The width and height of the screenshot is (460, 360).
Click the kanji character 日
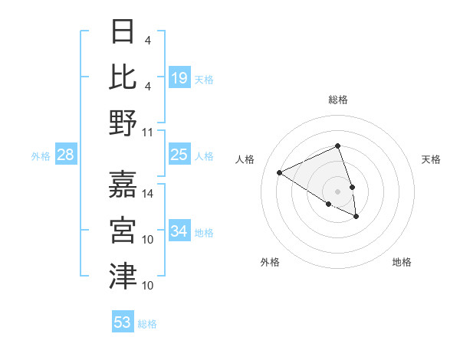123,32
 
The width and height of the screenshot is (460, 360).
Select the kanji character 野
123,123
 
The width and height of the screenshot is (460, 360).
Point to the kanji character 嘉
123,183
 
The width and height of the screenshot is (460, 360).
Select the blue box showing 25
179,155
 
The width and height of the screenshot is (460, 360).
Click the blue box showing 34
179,231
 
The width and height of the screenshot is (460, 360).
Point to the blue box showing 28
65,155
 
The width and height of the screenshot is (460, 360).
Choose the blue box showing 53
123,322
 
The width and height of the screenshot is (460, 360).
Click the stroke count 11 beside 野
148,133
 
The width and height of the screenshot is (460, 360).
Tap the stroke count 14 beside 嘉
148,193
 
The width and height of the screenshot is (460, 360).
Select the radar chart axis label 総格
337,100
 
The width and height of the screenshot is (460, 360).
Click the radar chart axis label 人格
245,159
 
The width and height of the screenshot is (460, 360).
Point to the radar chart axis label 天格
431,159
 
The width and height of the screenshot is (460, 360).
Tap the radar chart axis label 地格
402,262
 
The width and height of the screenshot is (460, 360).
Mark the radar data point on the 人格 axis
280,172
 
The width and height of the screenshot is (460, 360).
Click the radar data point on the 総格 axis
337,146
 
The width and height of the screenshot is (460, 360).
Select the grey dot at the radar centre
337,191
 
